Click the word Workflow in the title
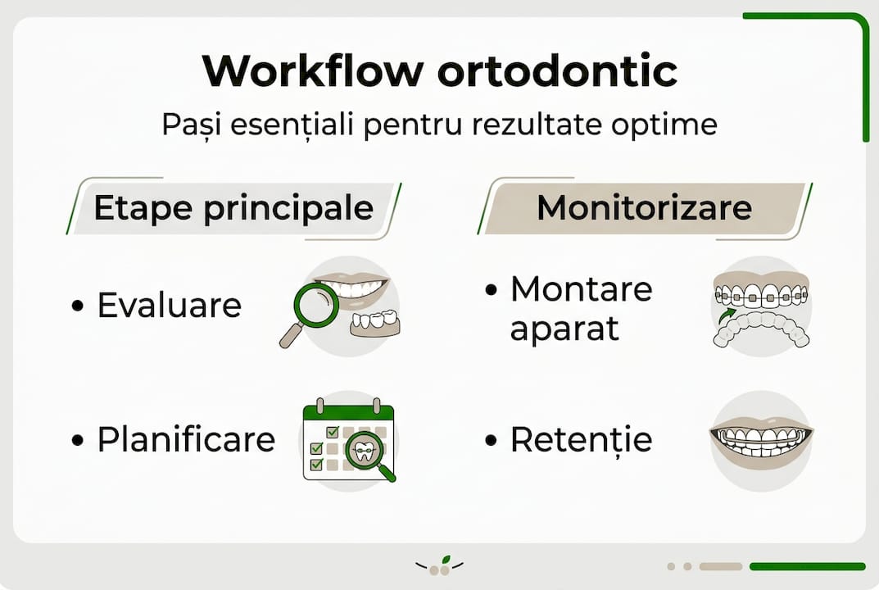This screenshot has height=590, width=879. pos(311,72)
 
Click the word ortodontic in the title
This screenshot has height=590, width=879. pos(557,72)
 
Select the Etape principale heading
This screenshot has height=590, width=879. pos(233,208)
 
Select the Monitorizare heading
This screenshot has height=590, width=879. pos(644,208)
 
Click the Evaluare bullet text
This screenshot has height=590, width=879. pos(170,306)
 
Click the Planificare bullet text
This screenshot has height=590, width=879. pos(186,440)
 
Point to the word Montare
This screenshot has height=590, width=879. pos(581,289)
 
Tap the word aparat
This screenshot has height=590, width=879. pos(564,329)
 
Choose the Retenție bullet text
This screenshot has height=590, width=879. pos(581,440)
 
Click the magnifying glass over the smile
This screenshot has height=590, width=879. pos(314,306)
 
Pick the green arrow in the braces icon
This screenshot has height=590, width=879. pos(724,315)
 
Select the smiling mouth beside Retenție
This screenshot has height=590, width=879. pos(761,440)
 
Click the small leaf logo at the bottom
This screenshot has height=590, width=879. pos(440,566)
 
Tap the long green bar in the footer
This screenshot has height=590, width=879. pos(807,566)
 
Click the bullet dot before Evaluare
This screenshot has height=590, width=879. pos(78,306)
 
